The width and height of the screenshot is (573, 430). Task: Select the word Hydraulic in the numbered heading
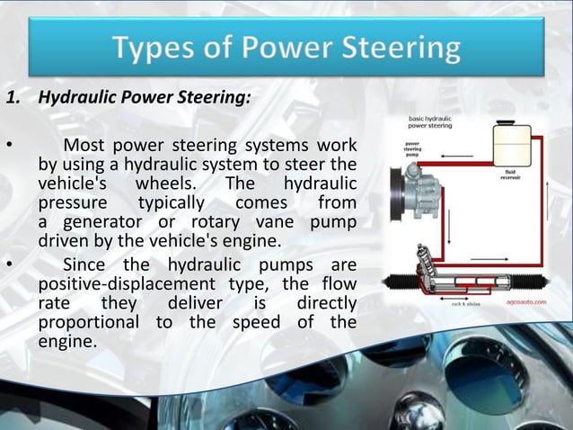pyautogui.click(x=75, y=99)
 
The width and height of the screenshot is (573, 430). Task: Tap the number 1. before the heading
pyautogui.click(x=15, y=99)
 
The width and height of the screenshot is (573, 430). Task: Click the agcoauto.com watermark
pyautogui.click(x=525, y=303)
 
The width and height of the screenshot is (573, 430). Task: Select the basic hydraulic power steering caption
pyautogui.click(x=430, y=122)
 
